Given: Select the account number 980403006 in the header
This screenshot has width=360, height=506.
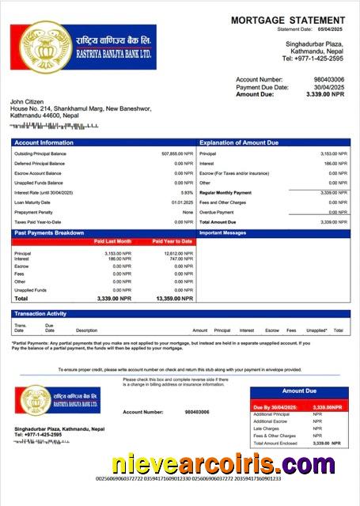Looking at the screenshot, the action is click(x=328, y=80).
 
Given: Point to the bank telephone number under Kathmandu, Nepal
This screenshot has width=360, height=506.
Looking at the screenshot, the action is click(x=313, y=59).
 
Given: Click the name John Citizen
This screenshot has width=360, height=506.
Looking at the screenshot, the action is click(x=29, y=102).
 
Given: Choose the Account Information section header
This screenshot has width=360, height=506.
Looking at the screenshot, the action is click(x=44, y=142).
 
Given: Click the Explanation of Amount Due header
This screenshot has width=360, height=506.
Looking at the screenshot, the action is click(x=239, y=142).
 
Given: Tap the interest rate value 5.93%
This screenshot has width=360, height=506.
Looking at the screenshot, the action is click(x=187, y=192).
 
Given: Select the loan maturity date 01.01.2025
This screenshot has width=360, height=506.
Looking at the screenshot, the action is click(x=182, y=202).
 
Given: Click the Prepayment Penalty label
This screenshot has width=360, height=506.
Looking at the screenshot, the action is click(x=32, y=212).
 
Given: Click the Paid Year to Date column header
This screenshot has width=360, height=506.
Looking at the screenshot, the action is click(x=172, y=241).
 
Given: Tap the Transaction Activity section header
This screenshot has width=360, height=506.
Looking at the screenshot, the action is click(x=40, y=314).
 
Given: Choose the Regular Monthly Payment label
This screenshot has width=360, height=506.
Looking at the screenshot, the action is click(x=225, y=192).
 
